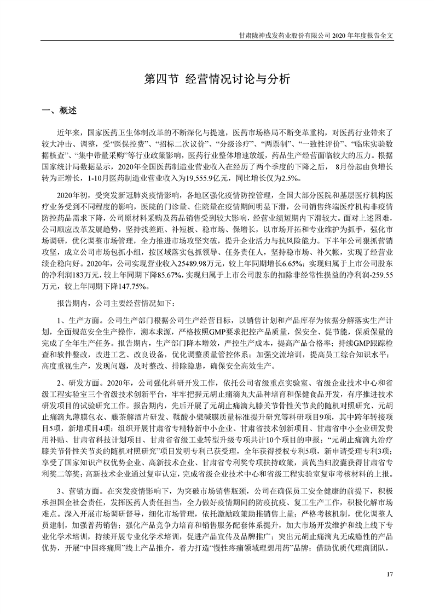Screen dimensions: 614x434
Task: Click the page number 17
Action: coord(390,574)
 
